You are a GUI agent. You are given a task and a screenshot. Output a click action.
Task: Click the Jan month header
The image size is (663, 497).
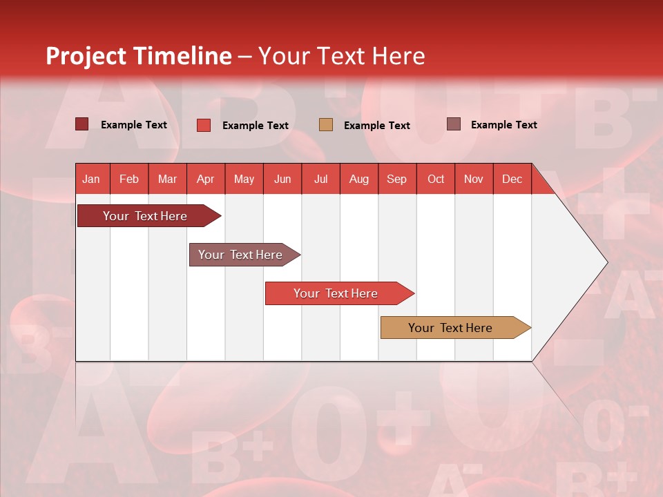pyautogui.click(x=92, y=179)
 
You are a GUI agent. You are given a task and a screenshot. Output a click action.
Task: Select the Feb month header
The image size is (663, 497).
pyautogui.click(x=129, y=179)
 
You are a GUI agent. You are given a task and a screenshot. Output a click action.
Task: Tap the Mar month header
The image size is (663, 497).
pyautogui.click(x=167, y=179)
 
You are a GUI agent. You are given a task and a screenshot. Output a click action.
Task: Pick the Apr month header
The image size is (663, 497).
pyautogui.click(x=206, y=179)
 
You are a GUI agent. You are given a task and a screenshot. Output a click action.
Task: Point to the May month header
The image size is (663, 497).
pyautogui.click(x=244, y=179)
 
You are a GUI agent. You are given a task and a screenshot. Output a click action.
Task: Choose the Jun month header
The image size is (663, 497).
pyautogui.click(x=282, y=179)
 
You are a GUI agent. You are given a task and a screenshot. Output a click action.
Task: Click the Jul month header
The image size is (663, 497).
pyautogui.click(x=320, y=179)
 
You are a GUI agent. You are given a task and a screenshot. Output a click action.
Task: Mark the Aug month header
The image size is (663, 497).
pyautogui.click(x=359, y=179)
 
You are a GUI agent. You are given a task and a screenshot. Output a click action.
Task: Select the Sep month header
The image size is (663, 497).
pyautogui.click(x=397, y=179)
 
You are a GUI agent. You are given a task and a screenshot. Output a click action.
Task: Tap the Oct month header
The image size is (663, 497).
pyautogui.click(x=436, y=179)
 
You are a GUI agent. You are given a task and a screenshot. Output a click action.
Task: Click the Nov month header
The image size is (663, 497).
pyautogui.click(x=474, y=179)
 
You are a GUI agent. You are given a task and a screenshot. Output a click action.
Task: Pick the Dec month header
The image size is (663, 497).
pyautogui.click(x=512, y=179)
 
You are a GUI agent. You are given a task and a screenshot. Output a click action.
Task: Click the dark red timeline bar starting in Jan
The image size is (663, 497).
pyautogui.click(x=146, y=216)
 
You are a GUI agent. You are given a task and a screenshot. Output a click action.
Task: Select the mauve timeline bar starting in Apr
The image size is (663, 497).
pyautogui.click(x=241, y=255)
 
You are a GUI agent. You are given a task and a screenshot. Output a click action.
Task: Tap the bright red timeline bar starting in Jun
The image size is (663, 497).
pyautogui.click(x=336, y=293)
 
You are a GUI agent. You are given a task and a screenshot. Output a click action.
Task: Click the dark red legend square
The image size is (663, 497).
pyautogui.click(x=82, y=124)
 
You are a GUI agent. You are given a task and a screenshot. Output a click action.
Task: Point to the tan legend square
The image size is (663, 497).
pyautogui.click(x=326, y=124)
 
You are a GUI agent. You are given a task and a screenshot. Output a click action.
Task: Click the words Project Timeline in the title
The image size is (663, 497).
pyautogui.click(x=139, y=56)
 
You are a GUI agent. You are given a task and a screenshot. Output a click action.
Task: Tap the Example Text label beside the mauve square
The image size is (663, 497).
pyautogui.click(x=503, y=124)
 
